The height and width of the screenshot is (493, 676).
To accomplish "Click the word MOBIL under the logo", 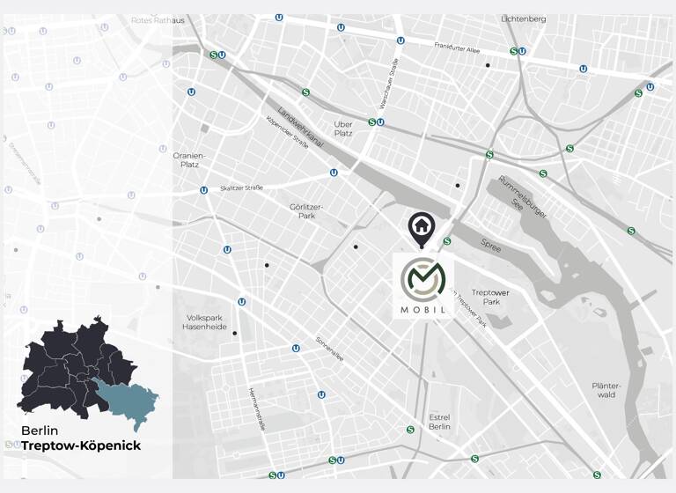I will (423, 310).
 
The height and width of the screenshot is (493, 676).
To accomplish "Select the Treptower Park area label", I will (490, 298).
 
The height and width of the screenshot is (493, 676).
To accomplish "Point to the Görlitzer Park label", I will (306, 211).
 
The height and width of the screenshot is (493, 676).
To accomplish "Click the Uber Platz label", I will (343, 129).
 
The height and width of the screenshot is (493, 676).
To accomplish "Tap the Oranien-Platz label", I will (187, 159).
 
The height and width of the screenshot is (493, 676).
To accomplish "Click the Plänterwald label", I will (606, 390).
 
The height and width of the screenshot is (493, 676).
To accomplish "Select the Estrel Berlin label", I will (439, 422).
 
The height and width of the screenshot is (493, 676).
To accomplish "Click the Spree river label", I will (491, 247).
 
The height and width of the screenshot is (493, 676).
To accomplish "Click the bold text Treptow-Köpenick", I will (81, 446).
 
